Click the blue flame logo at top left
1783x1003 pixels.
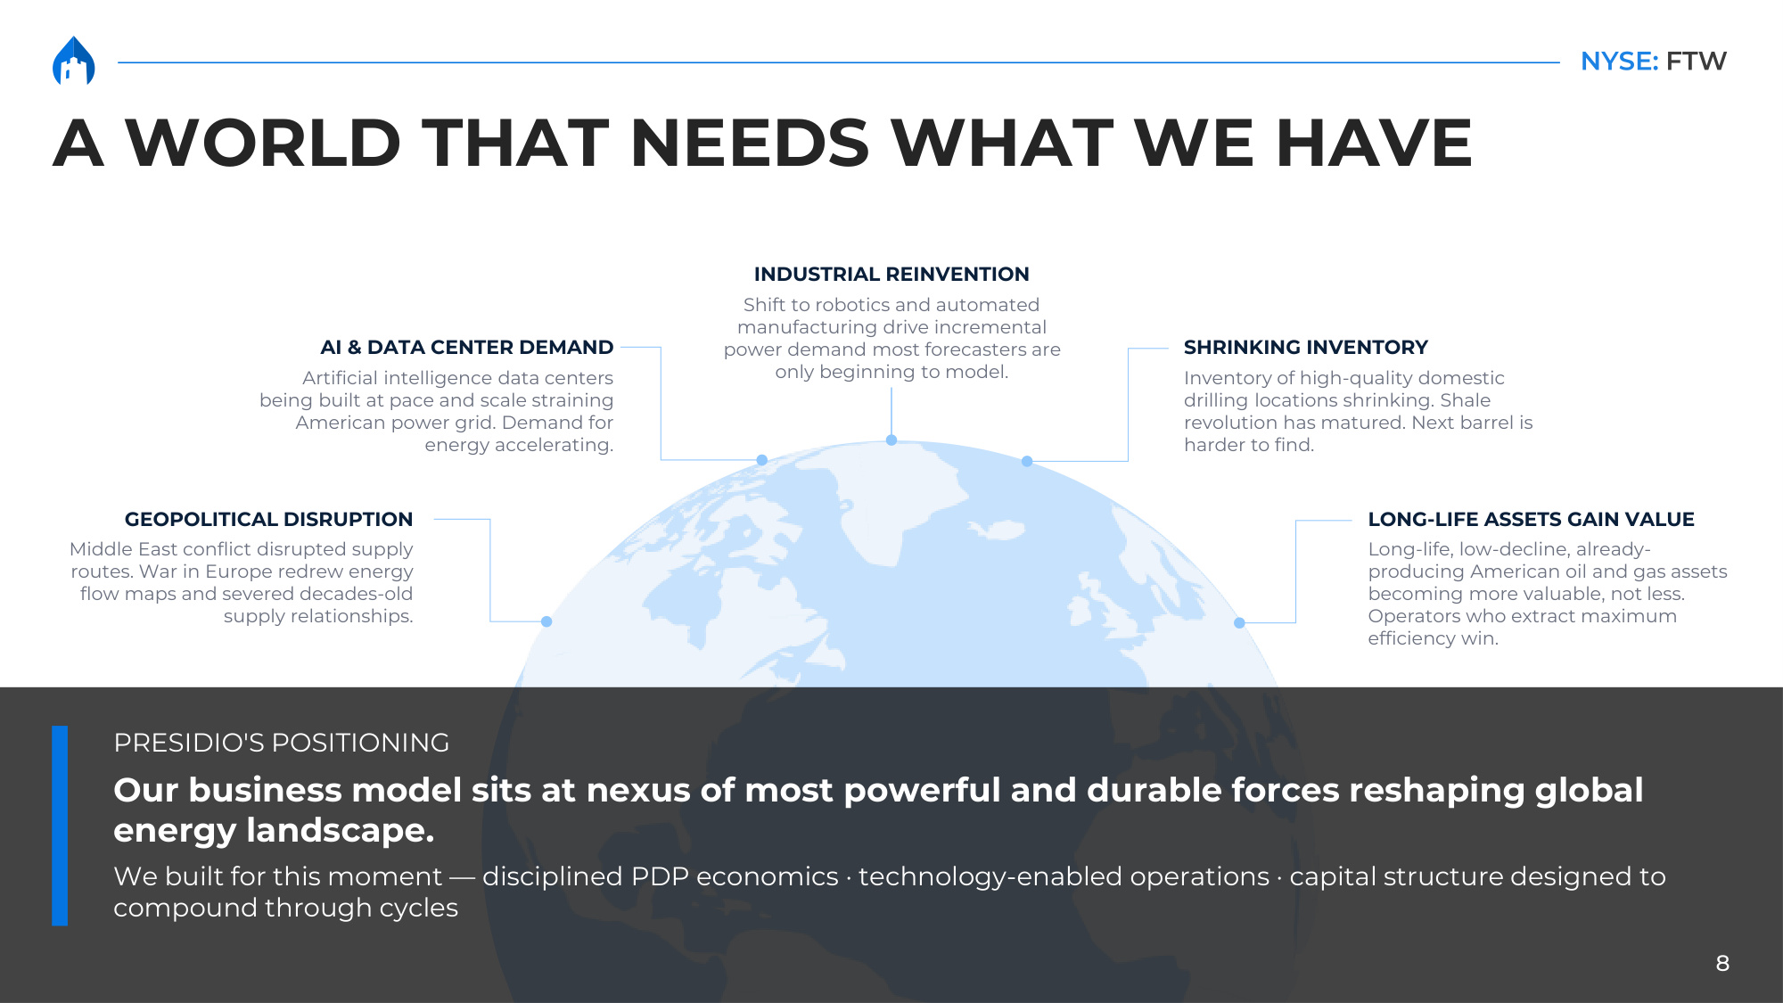point(74,61)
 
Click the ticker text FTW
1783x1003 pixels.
point(1697,62)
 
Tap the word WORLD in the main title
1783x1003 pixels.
point(263,143)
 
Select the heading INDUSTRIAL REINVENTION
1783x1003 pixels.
point(891,275)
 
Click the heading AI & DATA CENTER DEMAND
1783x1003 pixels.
point(467,348)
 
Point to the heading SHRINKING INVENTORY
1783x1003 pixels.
point(1306,348)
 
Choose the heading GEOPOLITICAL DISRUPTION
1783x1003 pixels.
point(269,520)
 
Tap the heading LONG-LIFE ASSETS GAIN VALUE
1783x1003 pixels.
point(1532,520)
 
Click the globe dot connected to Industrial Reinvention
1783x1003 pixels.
point(891,440)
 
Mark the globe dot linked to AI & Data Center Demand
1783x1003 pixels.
point(762,460)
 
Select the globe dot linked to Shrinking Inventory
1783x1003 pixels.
point(1027,462)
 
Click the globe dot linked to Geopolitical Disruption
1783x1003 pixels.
point(546,621)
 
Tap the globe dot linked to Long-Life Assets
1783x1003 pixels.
point(1239,623)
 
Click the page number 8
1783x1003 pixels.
point(1722,964)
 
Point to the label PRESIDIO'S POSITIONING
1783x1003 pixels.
point(282,743)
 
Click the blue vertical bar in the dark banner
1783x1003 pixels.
point(60,826)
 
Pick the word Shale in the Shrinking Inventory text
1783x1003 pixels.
point(1466,400)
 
